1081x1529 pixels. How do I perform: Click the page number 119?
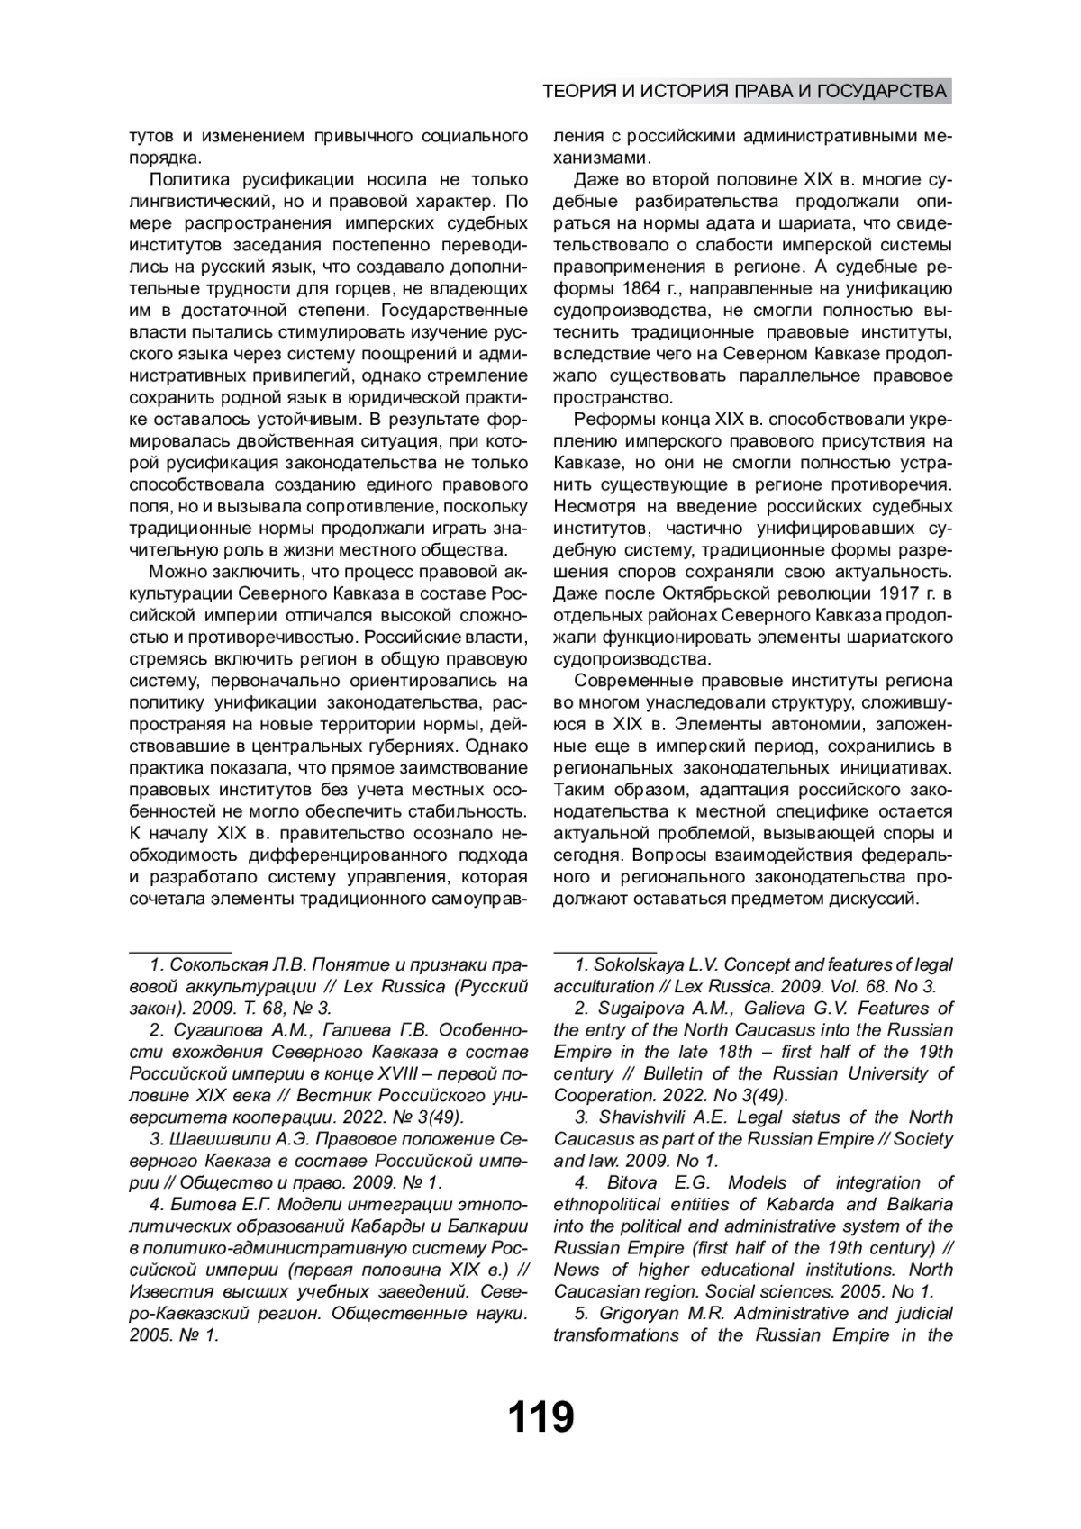(540, 1417)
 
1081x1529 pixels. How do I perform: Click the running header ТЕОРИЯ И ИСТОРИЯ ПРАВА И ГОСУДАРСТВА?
(745, 92)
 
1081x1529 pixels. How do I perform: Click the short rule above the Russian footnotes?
(180, 949)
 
